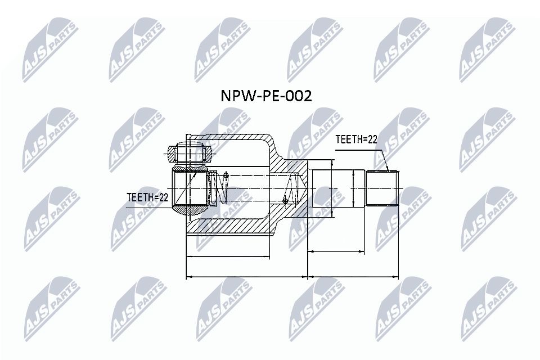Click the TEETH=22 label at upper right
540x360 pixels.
pos(356,139)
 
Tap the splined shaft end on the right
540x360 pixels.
pos(383,187)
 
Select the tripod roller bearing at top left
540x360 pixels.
pos(188,152)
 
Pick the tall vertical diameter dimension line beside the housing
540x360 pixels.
pos(332,188)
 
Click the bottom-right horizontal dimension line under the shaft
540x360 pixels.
pos(353,277)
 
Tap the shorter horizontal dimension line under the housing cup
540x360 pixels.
pos(228,258)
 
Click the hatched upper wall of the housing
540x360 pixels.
pos(236,142)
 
